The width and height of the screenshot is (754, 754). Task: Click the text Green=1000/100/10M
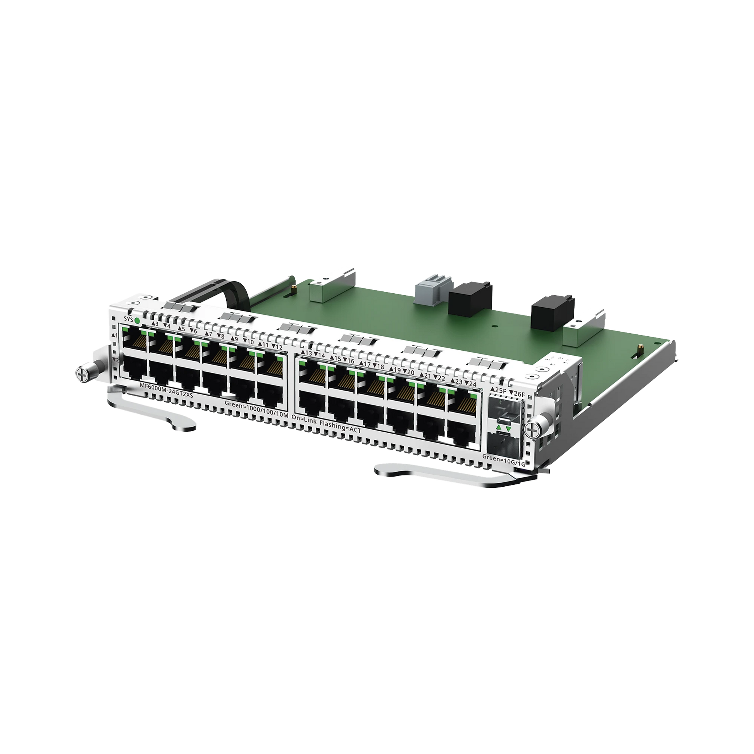tap(256, 405)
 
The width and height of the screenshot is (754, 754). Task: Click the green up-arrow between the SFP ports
tap(498, 429)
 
